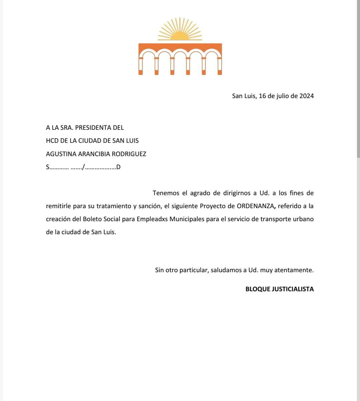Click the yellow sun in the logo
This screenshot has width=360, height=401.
(180, 34)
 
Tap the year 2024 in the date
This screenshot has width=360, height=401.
(306, 96)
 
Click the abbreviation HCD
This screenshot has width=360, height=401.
(52, 141)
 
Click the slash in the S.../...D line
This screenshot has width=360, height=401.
(83, 167)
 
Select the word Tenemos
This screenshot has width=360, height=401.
(166, 193)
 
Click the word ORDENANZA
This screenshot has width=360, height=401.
(255, 206)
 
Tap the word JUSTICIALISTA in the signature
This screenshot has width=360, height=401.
(293, 289)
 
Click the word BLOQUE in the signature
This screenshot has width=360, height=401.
(258, 289)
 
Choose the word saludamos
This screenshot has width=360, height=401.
(226, 270)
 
